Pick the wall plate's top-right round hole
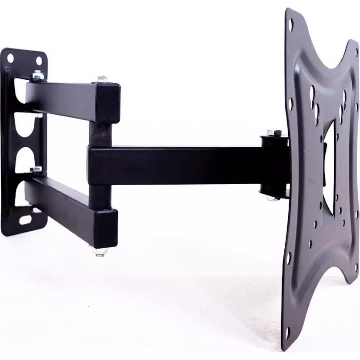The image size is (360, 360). (x=39, y=61)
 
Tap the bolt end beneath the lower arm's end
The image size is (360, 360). (x=100, y=252)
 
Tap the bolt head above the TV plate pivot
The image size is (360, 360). (x=271, y=133)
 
